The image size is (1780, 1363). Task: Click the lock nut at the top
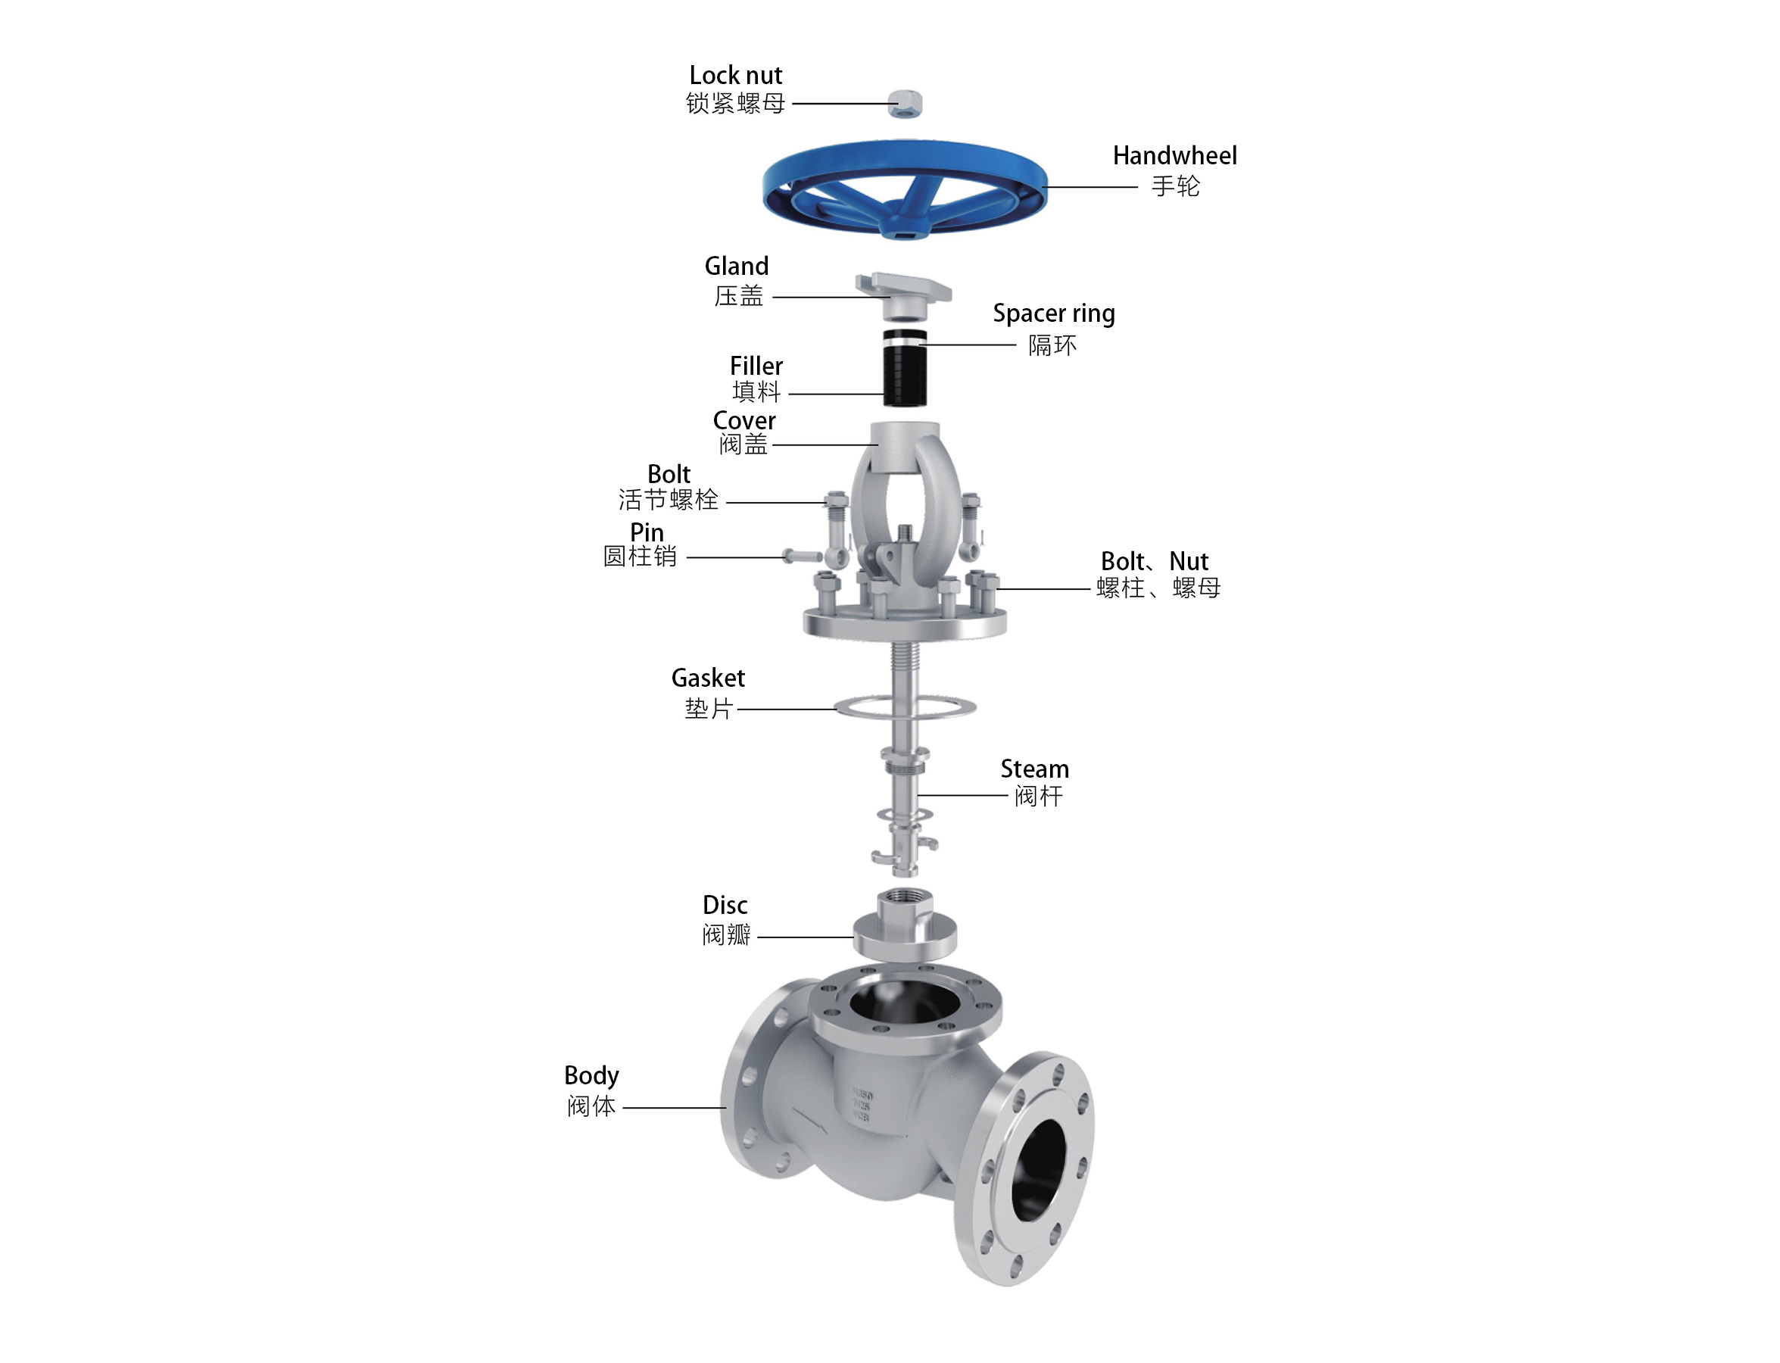coord(905,103)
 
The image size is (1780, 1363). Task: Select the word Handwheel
coord(1174,156)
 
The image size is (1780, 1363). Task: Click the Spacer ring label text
coord(1053,314)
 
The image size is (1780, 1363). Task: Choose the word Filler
coord(756,366)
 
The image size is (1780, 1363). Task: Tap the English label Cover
coord(743,420)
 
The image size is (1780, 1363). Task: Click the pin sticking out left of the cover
coord(802,557)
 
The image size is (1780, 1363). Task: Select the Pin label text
coord(647,532)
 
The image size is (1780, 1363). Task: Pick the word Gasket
coord(707,678)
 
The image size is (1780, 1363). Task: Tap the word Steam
coord(1033,769)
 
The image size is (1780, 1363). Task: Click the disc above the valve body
coord(905,933)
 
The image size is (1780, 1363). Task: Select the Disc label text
coord(725,906)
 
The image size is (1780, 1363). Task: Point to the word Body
coord(591,1076)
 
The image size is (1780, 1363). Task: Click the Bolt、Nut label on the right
coord(1154,561)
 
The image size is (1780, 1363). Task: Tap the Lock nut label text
coord(735,76)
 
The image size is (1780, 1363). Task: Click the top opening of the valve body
coord(904,1004)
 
